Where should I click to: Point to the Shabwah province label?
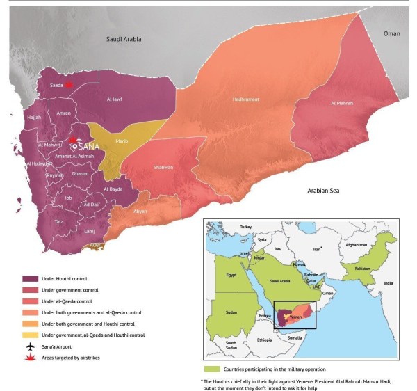tap(163, 167)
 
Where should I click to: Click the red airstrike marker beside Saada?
tap(67, 84)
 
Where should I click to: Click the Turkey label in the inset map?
tap(244, 227)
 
